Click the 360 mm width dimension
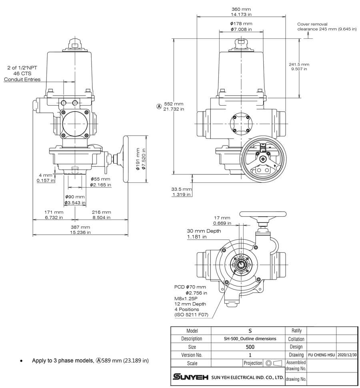click(x=241, y=12)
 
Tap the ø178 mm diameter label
click(x=241, y=26)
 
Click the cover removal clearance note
click(x=326, y=27)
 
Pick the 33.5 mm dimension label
click(x=182, y=192)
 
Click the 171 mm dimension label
click(x=54, y=215)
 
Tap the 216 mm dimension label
click(x=101, y=215)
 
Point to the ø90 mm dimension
click(x=75, y=200)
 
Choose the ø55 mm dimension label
click(x=100, y=182)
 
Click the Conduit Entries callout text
click(x=22, y=80)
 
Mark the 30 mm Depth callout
click(x=204, y=234)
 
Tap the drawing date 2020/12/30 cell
click(x=346, y=355)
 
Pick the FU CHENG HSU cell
click(x=322, y=355)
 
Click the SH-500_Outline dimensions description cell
click(x=250, y=338)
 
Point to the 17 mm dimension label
click(x=221, y=220)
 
